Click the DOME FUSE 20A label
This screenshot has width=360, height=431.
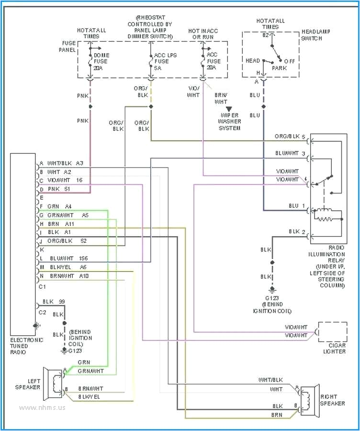101,61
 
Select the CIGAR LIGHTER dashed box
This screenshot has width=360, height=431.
332,332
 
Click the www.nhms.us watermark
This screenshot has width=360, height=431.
43,408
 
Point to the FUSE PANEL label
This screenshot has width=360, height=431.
68,46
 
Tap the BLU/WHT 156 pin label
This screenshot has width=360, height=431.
67,258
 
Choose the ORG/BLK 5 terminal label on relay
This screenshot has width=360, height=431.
290,136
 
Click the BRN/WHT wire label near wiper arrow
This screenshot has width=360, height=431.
221,98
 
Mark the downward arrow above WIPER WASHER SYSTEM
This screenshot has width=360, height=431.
229,110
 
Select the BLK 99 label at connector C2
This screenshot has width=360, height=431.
54,302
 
